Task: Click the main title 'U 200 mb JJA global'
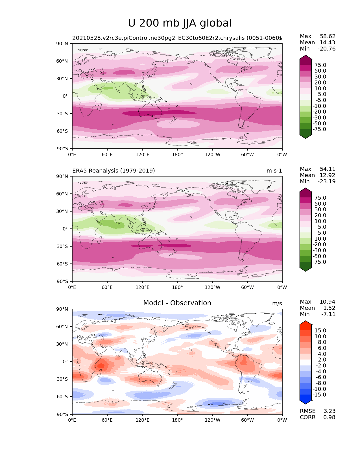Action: [180, 23]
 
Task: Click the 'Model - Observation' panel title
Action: [177, 303]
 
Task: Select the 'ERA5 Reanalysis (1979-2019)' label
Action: [114, 171]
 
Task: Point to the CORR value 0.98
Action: [329, 417]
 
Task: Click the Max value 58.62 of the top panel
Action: [328, 36]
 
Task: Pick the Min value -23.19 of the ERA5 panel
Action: [327, 181]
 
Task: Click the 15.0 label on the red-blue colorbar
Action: [320, 330]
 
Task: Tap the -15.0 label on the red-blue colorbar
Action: [319, 395]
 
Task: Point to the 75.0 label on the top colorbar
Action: [320, 65]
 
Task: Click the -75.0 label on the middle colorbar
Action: [319, 262]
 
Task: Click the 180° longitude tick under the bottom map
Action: [177, 420]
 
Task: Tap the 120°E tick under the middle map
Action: [142, 287]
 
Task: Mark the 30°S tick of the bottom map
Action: [63, 379]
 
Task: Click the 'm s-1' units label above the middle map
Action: [274, 171]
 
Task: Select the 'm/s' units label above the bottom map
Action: [277, 303]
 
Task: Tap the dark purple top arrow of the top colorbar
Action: [306, 58]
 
